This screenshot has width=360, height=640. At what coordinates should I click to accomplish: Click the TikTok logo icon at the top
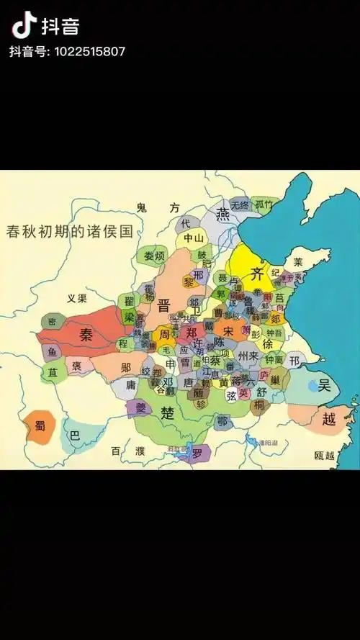24,26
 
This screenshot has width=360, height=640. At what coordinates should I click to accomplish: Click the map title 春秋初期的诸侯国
70,232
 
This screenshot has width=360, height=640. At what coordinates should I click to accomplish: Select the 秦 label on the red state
86,335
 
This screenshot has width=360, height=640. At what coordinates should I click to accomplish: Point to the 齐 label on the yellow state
257,273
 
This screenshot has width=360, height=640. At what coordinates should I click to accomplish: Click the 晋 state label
163,305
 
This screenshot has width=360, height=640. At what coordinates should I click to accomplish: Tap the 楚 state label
168,413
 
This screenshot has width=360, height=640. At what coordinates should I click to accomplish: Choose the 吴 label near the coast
325,386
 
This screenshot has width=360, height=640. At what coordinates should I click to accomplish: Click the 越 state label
329,420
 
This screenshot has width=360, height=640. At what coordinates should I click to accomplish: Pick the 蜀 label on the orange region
40,425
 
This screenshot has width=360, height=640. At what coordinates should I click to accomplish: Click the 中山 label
194,238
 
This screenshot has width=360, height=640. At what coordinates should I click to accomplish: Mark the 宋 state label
228,331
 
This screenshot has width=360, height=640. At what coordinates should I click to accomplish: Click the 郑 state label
191,333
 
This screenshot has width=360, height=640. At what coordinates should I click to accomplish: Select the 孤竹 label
265,204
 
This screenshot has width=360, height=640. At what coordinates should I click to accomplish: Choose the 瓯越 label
325,455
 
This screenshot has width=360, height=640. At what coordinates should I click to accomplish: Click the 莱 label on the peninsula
298,262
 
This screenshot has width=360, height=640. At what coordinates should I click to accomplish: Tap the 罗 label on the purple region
197,453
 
